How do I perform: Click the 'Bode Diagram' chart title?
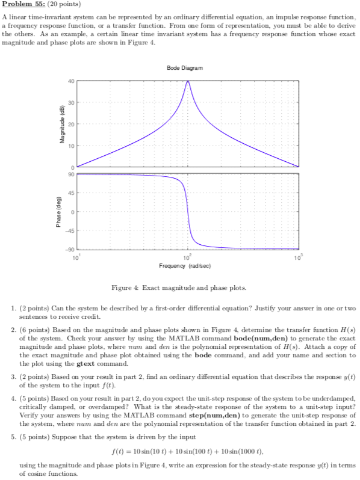(x=187, y=69)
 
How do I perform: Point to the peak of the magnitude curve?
(x=188, y=81)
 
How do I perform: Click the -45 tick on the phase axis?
(x=70, y=230)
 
